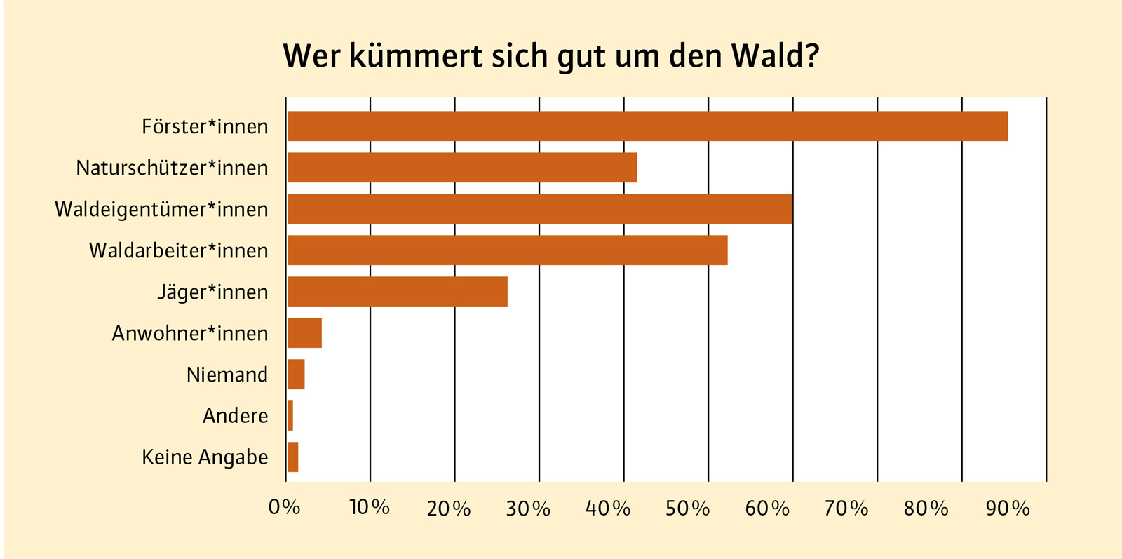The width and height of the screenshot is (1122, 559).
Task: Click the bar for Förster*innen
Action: (647, 126)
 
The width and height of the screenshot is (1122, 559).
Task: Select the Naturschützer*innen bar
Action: (462, 168)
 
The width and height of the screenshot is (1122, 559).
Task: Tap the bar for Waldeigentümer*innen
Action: (540, 209)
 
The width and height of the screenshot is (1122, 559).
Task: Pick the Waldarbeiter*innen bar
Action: (507, 250)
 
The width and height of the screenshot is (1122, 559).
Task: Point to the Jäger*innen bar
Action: (398, 292)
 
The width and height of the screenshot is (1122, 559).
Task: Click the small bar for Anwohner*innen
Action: (304, 333)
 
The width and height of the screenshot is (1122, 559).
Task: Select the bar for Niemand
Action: (296, 375)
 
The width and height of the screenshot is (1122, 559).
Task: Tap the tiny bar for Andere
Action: (290, 416)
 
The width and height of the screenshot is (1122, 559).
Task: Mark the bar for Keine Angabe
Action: (293, 457)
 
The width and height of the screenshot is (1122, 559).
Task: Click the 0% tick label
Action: (284, 507)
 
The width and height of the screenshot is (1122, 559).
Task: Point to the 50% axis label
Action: (687, 508)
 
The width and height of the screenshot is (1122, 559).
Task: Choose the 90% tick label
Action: (1008, 508)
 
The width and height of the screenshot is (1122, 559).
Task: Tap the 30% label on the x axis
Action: (528, 508)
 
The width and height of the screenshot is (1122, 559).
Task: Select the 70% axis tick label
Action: (846, 508)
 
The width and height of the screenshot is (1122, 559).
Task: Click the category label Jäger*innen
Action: (212, 292)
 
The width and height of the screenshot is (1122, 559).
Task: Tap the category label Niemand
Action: (227, 375)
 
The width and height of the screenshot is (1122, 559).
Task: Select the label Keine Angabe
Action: (205, 457)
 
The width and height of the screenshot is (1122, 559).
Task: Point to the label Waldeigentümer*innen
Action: (161, 209)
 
